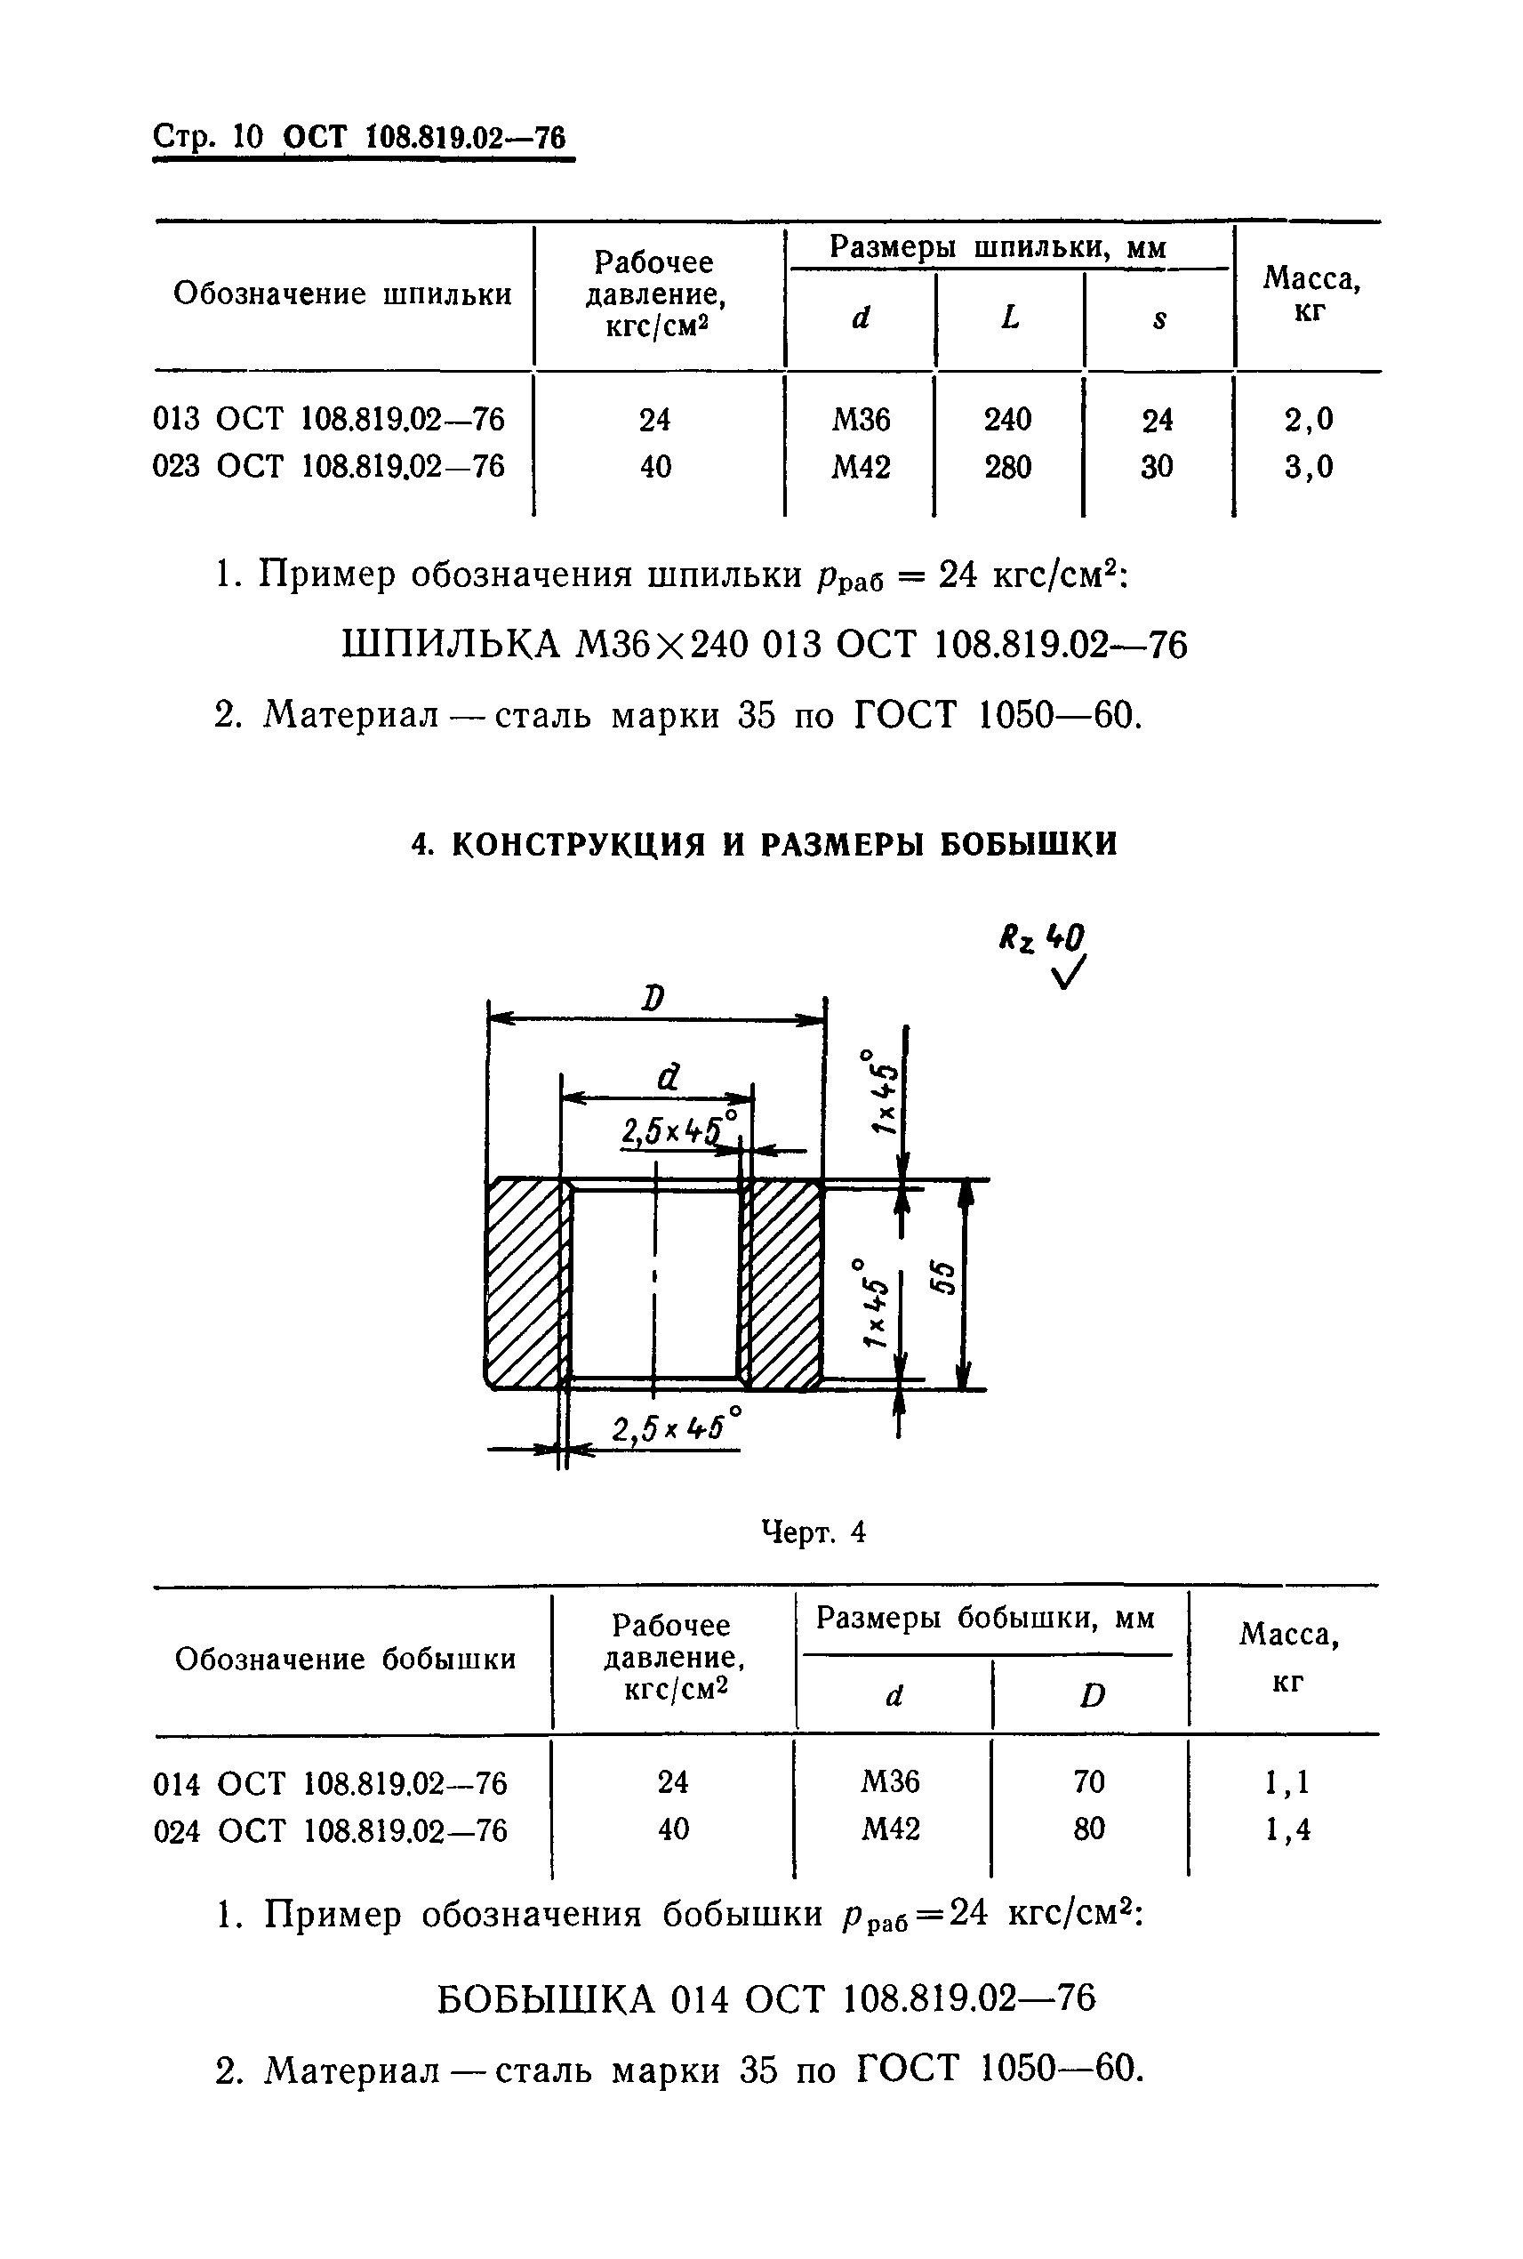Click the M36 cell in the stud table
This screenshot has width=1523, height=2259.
[861, 420]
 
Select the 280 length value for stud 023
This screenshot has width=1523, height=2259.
[1007, 467]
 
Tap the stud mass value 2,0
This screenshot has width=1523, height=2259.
[1309, 420]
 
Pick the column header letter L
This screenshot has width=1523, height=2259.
[1010, 318]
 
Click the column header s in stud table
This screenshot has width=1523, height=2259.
[1158, 318]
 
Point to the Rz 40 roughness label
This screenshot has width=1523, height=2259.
[1042, 937]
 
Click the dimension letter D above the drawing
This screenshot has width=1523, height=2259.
[653, 998]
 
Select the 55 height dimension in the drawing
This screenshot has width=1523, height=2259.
[942, 1279]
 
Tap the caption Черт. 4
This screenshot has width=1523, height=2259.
[813, 1532]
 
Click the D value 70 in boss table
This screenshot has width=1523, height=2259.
[1089, 1781]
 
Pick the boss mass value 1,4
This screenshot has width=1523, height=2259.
[1287, 1829]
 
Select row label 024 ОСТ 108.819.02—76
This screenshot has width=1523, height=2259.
[330, 1830]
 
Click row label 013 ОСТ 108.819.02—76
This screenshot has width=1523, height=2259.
[328, 420]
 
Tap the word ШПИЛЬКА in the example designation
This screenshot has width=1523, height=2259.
[452, 644]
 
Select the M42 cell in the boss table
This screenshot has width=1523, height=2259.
[891, 1829]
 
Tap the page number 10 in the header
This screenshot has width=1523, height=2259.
[249, 137]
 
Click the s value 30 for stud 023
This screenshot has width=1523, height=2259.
[1156, 467]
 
